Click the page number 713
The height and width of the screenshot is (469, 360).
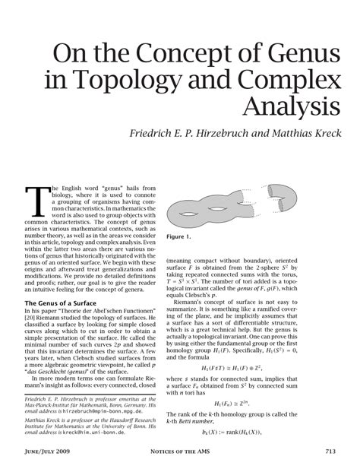coord(329,452)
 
